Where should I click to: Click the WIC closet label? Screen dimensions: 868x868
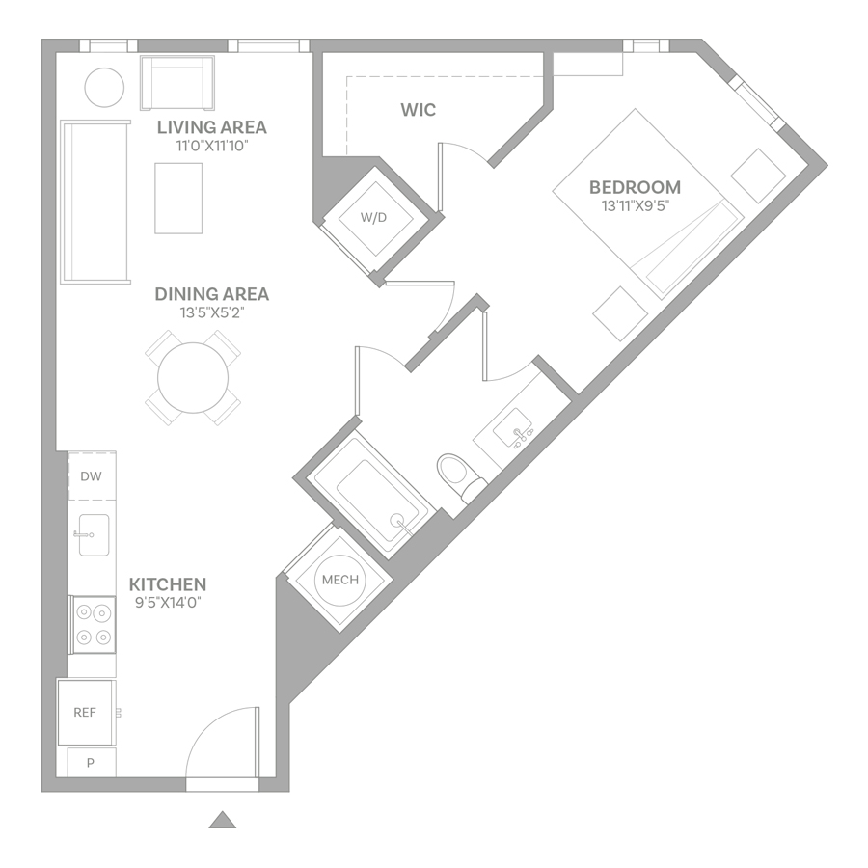(418, 110)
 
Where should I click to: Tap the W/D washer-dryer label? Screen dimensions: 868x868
(373, 218)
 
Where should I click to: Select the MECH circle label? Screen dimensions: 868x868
(339, 580)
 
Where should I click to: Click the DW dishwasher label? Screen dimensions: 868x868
(92, 476)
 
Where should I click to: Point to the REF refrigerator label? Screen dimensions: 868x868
(85, 713)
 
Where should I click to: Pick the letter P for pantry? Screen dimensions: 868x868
(91, 763)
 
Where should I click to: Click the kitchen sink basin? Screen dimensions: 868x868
(94, 534)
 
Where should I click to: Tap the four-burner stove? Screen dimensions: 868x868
(93, 625)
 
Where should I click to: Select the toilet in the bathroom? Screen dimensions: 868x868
(461, 476)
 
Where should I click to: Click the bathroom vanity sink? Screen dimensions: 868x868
(513, 427)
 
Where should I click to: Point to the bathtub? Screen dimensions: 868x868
(370, 491)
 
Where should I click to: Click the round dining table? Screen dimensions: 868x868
(193, 378)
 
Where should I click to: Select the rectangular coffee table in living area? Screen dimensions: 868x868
(178, 198)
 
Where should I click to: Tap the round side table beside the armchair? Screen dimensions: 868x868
(104, 88)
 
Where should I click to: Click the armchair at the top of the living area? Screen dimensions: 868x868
(177, 83)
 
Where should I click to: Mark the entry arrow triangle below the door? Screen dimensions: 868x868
(223, 821)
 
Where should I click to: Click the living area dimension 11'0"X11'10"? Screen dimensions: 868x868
(212, 147)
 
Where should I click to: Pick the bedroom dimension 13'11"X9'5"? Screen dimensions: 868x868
(635, 206)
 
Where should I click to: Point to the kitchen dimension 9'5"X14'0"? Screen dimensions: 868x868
(168, 602)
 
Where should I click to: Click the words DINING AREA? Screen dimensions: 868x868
(212, 294)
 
